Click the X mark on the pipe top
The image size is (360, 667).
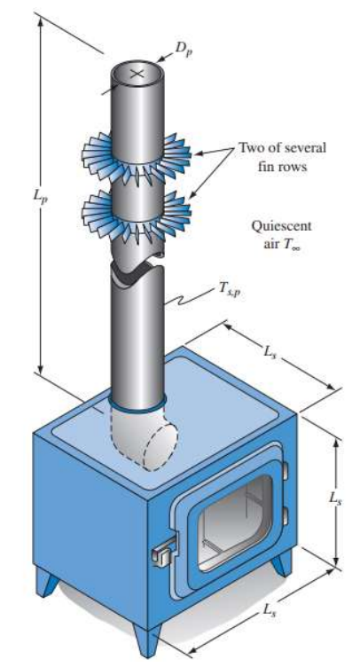point(137,74)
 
